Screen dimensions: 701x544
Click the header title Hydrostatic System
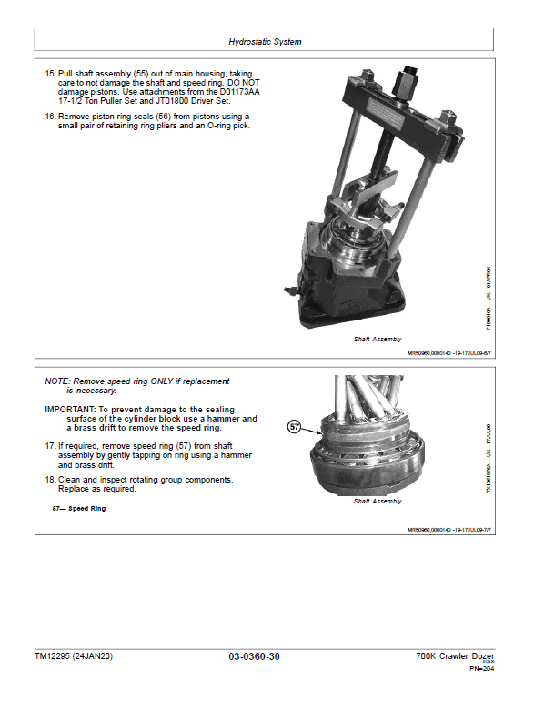(x=265, y=42)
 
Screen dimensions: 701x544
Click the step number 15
(x=50, y=72)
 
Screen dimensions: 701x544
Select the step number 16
(x=50, y=117)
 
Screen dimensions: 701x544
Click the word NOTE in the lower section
(x=57, y=381)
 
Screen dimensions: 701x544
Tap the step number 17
(x=50, y=445)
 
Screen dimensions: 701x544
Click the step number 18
(x=50, y=479)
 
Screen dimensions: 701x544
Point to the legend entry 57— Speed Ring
(x=79, y=508)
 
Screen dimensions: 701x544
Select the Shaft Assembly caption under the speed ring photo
(x=377, y=501)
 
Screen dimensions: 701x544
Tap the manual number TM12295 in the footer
(x=55, y=656)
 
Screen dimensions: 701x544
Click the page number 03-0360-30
(x=259, y=656)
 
